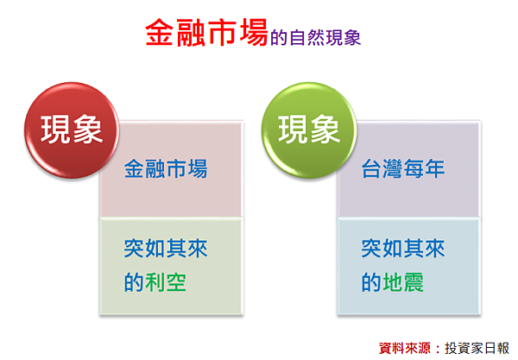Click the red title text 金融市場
point(206,32)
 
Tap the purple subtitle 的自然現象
point(315,37)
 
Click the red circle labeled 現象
point(72,130)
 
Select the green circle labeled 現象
point(309,130)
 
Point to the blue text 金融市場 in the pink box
point(166,168)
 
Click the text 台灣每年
point(403,168)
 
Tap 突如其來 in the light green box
point(166,249)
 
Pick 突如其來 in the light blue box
point(403,249)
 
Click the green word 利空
point(166,282)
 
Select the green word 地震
point(403,282)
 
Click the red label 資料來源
point(405,348)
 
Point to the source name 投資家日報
point(477,348)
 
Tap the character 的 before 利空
point(134,282)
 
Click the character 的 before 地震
point(371,282)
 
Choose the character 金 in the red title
point(159,32)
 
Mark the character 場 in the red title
point(254,32)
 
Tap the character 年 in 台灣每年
point(435,168)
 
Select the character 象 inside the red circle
point(88,129)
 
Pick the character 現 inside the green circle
point(293,129)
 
